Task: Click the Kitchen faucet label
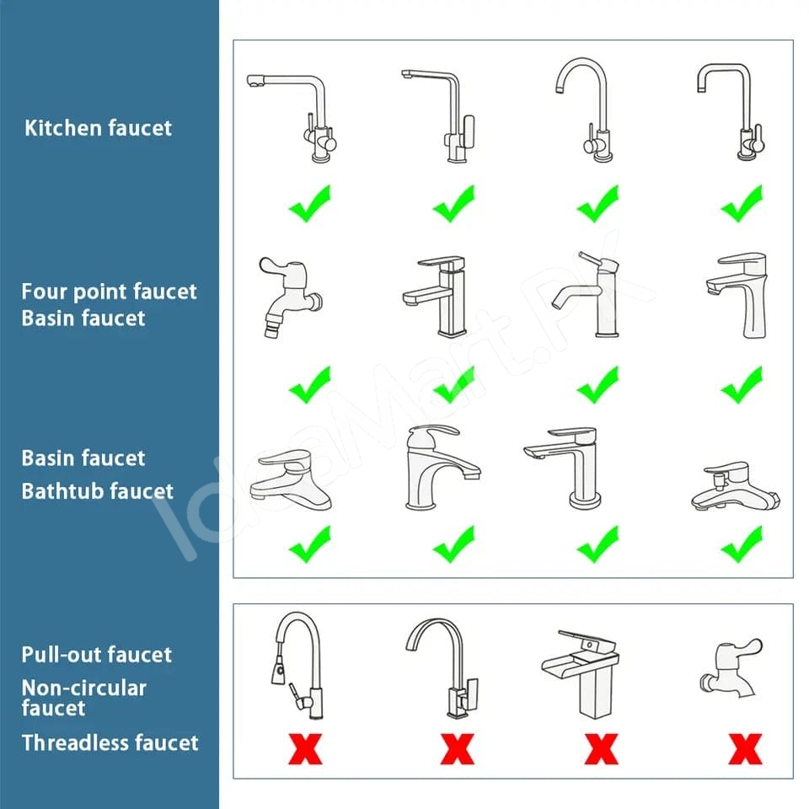(98, 128)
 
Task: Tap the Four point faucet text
(109, 292)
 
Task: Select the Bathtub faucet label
(98, 491)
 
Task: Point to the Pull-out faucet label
(96, 654)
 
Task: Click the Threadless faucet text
(110, 742)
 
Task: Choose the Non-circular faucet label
(84, 698)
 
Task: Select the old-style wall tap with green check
(290, 297)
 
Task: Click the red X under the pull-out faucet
(305, 748)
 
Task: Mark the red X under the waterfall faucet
(602, 748)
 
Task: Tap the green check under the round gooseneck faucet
(597, 204)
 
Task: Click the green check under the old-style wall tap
(309, 385)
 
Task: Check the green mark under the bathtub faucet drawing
(742, 545)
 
